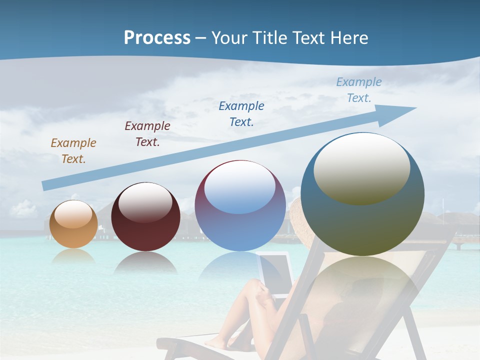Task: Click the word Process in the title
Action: coord(157,38)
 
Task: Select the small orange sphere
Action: coord(73,224)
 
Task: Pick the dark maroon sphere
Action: coord(145,216)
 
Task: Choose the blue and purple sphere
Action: coord(240,205)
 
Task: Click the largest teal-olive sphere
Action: coord(362,194)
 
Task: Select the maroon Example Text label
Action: coord(147,134)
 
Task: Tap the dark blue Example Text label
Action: coord(241,114)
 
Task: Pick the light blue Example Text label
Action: coord(359,90)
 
